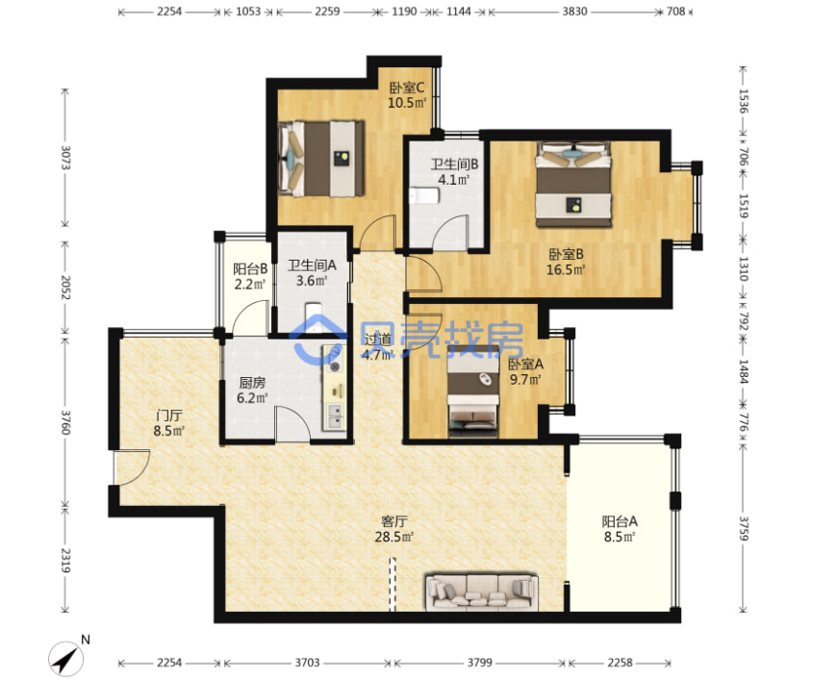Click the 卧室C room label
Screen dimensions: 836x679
tap(407, 87)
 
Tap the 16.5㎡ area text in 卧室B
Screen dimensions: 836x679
tap(566, 269)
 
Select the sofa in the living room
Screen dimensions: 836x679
tap(482, 591)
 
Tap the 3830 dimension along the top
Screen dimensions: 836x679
tap(574, 12)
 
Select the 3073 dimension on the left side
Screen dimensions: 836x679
tap(65, 158)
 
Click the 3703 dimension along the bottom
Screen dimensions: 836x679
tap(307, 663)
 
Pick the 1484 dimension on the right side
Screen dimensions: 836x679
tap(744, 371)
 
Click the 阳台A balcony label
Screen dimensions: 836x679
tap(620, 521)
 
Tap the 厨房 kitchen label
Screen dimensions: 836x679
tap(252, 383)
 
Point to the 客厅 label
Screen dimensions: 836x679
tap(394, 521)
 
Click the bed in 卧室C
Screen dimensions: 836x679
tap(321, 159)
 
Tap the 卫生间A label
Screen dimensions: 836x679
tap(312, 264)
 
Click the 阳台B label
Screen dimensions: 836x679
tap(250, 269)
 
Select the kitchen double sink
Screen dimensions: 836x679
tap(336, 416)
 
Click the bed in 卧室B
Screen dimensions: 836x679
tap(573, 185)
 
